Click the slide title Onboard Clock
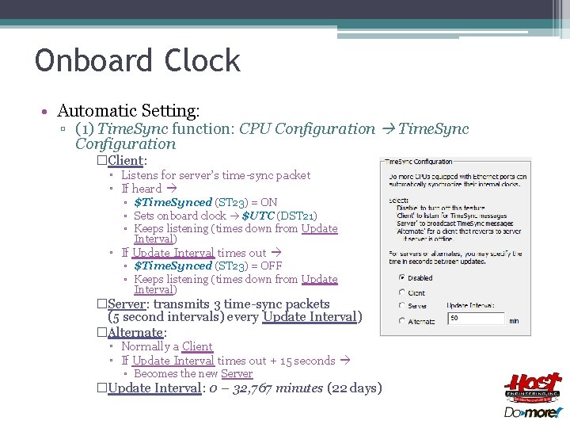[137, 61]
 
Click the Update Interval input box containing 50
[476, 319]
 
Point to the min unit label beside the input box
[514, 320]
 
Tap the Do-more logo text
[533, 412]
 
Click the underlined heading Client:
[127, 161]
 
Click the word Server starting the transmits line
[127, 304]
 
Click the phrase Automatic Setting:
[128, 110]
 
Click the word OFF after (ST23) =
[271, 266]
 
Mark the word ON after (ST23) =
[268, 202]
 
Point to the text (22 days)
[355, 388]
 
